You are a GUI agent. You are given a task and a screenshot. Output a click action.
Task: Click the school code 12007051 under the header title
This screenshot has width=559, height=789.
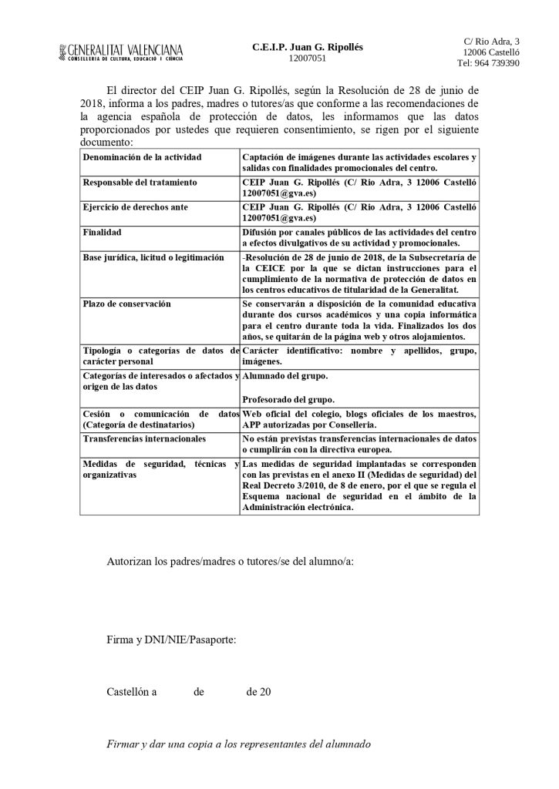307,58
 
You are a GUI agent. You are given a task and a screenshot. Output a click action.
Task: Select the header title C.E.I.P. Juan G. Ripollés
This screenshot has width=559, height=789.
307,46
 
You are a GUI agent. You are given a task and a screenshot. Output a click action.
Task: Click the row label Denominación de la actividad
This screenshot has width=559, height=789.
141,157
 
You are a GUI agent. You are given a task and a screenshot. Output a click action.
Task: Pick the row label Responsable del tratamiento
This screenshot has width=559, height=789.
140,183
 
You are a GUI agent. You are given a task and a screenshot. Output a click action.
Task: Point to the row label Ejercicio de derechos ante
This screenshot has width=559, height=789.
135,207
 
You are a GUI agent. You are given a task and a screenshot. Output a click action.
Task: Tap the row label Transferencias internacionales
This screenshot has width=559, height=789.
144,439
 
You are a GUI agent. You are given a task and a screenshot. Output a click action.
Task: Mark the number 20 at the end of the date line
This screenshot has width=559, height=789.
264,691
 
